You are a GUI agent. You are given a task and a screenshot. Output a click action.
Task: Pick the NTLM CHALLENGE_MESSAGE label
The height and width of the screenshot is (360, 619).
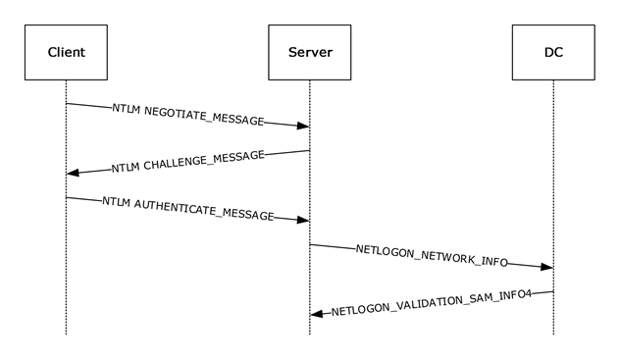click(x=188, y=162)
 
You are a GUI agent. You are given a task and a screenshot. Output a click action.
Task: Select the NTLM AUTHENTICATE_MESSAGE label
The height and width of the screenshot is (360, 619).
click(x=188, y=208)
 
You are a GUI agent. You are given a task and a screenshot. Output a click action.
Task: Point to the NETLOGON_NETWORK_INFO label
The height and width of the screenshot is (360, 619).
click(x=432, y=255)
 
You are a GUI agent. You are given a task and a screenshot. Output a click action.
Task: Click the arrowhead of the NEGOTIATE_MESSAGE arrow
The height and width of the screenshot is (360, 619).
click(x=303, y=126)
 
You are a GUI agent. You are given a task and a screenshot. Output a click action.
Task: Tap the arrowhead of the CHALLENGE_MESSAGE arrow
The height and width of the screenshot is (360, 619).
click(x=73, y=173)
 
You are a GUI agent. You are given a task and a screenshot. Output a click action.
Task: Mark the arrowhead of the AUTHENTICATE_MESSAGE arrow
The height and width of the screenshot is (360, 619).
click(x=303, y=220)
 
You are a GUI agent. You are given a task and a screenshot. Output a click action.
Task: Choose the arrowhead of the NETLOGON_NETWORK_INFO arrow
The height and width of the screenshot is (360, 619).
click(x=546, y=267)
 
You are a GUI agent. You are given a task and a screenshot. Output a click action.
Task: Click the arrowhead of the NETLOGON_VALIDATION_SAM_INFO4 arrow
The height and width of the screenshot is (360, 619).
click(x=316, y=314)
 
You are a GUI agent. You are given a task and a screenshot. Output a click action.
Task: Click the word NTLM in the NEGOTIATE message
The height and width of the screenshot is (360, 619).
click(x=126, y=109)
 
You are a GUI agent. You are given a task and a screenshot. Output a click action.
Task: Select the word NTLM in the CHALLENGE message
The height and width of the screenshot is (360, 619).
click(x=127, y=168)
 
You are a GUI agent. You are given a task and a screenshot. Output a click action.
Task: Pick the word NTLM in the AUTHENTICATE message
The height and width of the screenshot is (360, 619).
click(x=118, y=202)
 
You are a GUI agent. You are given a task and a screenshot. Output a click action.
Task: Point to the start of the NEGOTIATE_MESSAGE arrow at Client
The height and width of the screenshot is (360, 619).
click(x=67, y=103)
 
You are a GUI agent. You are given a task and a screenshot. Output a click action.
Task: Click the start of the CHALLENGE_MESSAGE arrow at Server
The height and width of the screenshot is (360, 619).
click(x=308, y=150)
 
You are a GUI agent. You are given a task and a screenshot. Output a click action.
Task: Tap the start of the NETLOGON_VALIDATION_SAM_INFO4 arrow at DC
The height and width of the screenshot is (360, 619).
click(x=551, y=291)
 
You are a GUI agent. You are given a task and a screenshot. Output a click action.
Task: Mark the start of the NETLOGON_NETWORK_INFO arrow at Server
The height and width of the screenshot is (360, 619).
click(x=310, y=244)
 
